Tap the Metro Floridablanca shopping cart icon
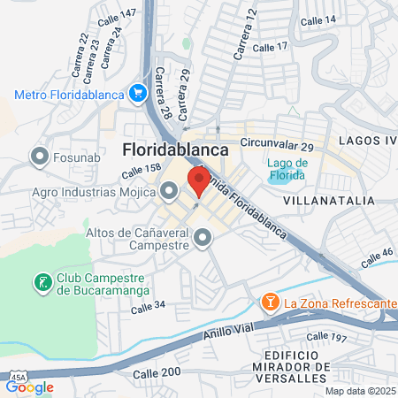137,93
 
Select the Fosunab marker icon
39,157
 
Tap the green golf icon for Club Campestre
42,283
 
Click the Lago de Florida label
287,168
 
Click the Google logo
30,386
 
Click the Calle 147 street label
118,15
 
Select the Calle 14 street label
318,20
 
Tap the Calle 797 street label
326,337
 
